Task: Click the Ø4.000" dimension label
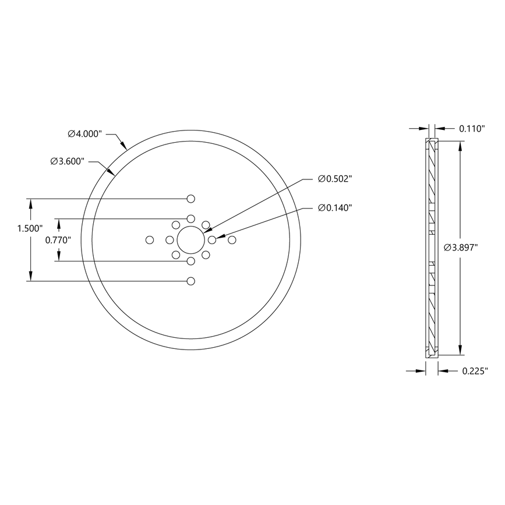(85, 134)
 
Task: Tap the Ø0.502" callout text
(336, 179)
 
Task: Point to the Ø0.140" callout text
(336, 208)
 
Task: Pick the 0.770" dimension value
(59, 239)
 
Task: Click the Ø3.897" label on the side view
(461, 248)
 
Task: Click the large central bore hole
(190, 239)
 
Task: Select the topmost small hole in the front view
(190, 199)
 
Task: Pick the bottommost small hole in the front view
(190, 281)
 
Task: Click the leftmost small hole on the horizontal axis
(150, 240)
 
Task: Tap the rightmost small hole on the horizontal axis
(232, 239)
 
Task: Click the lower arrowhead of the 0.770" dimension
(58, 257)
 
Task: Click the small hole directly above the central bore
(190, 218)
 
